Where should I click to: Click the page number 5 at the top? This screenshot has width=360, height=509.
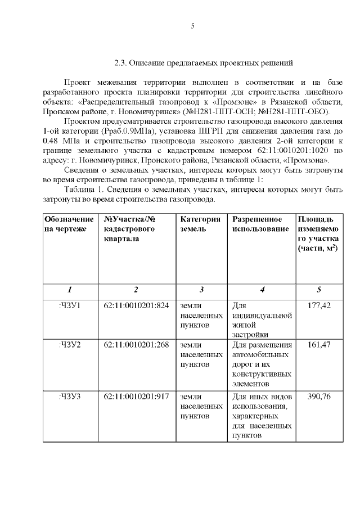192,26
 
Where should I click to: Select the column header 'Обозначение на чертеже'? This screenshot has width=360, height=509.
69,224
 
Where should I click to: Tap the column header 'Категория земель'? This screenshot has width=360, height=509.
200,224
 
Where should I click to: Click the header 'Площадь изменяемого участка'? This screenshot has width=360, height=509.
318,233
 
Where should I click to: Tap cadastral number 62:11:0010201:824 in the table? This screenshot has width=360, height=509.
136,306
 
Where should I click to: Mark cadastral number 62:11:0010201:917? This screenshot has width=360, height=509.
136,397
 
